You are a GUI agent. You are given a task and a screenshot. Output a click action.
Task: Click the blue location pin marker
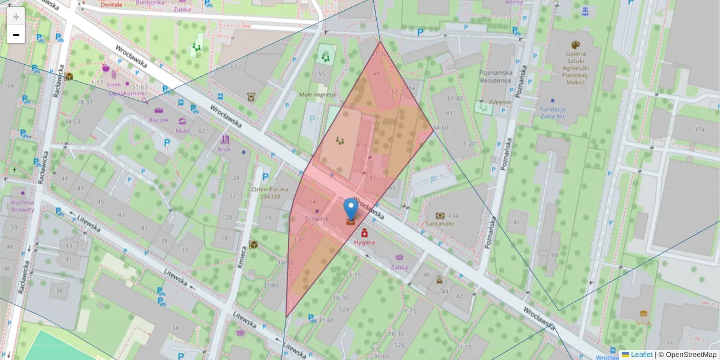point(351,209)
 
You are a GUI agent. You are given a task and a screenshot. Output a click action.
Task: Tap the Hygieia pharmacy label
point(364,243)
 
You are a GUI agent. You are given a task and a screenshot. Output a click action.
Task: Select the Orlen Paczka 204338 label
point(266,192)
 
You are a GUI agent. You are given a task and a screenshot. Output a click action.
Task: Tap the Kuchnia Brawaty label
point(22,206)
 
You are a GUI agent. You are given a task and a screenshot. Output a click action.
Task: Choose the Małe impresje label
point(317,95)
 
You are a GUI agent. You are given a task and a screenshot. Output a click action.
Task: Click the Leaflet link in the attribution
point(641,355)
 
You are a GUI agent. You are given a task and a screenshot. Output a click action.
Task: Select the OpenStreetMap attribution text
point(687,355)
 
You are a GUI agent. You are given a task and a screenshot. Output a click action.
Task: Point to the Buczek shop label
point(158,120)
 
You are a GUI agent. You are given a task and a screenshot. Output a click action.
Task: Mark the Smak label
point(643,322)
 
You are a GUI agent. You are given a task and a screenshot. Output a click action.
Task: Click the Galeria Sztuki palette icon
point(575,45)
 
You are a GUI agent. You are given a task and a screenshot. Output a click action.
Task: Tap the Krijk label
point(225,148)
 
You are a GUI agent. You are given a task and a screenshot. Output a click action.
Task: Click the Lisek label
point(114,85)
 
